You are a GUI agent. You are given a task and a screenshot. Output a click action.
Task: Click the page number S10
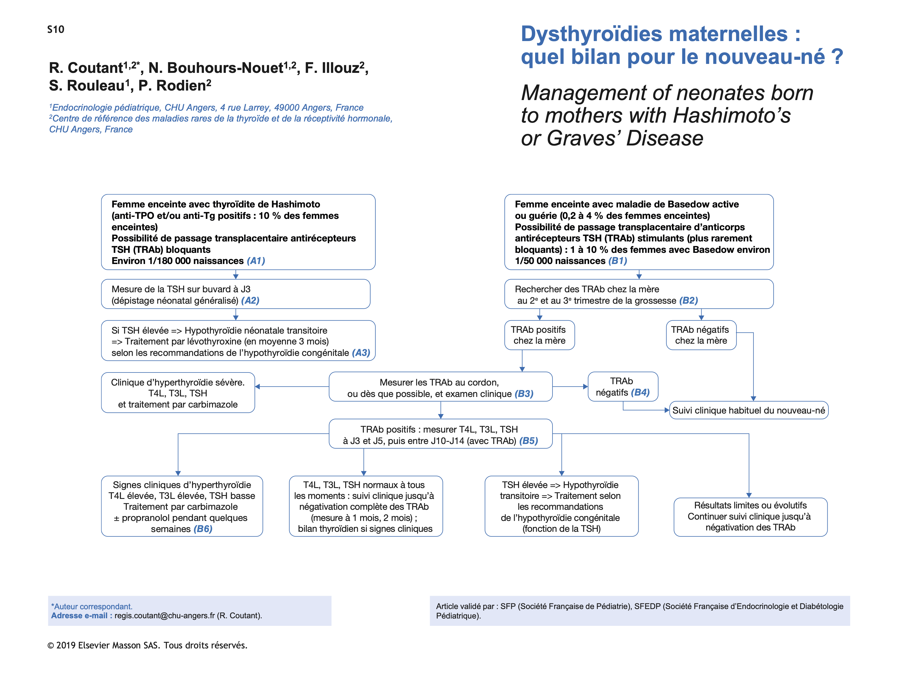pos(56,29)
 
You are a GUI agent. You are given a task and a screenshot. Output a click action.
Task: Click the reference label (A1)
pos(256,261)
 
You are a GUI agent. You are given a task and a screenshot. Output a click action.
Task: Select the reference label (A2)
pos(250,301)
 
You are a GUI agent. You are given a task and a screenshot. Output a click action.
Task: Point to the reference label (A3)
pos(361,353)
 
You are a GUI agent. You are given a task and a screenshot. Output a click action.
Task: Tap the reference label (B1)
pos(617,261)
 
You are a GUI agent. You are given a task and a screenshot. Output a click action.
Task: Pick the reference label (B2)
pos(689,301)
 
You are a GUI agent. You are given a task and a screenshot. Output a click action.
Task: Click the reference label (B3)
pos(524,394)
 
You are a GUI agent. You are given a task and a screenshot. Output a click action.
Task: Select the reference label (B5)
pos(529,441)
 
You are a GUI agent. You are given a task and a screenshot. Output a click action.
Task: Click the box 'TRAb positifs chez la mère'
pos(539,335)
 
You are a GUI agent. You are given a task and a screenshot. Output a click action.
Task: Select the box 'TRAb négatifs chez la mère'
pos(701,335)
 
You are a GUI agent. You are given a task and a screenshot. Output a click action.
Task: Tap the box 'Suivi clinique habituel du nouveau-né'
pos(748,410)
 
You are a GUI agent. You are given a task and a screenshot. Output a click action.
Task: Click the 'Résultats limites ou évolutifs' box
pos(750,516)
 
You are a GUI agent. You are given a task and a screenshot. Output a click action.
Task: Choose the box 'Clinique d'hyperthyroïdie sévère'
pos(178,393)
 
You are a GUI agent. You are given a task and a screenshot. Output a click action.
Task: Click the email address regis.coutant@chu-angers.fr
pos(164,616)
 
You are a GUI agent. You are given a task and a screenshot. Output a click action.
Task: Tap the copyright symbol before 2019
pos(51,645)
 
